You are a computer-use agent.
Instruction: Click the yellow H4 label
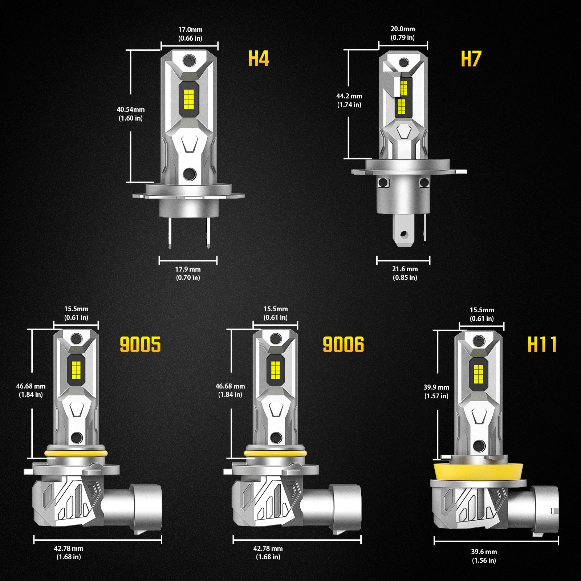click(x=258, y=58)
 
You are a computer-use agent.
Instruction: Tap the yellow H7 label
click(x=471, y=59)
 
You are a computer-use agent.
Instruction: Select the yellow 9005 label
click(x=140, y=345)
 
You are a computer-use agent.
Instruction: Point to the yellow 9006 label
click(x=343, y=345)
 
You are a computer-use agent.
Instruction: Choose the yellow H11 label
click(x=542, y=345)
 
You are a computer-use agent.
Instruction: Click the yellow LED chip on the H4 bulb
click(x=189, y=98)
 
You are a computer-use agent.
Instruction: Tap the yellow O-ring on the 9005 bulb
click(x=76, y=454)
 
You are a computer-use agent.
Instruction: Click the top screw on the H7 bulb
click(x=403, y=62)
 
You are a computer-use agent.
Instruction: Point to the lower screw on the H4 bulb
click(x=190, y=174)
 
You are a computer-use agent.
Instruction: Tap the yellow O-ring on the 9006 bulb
click(x=275, y=454)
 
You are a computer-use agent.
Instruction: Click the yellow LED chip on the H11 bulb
click(x=478, y=375)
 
